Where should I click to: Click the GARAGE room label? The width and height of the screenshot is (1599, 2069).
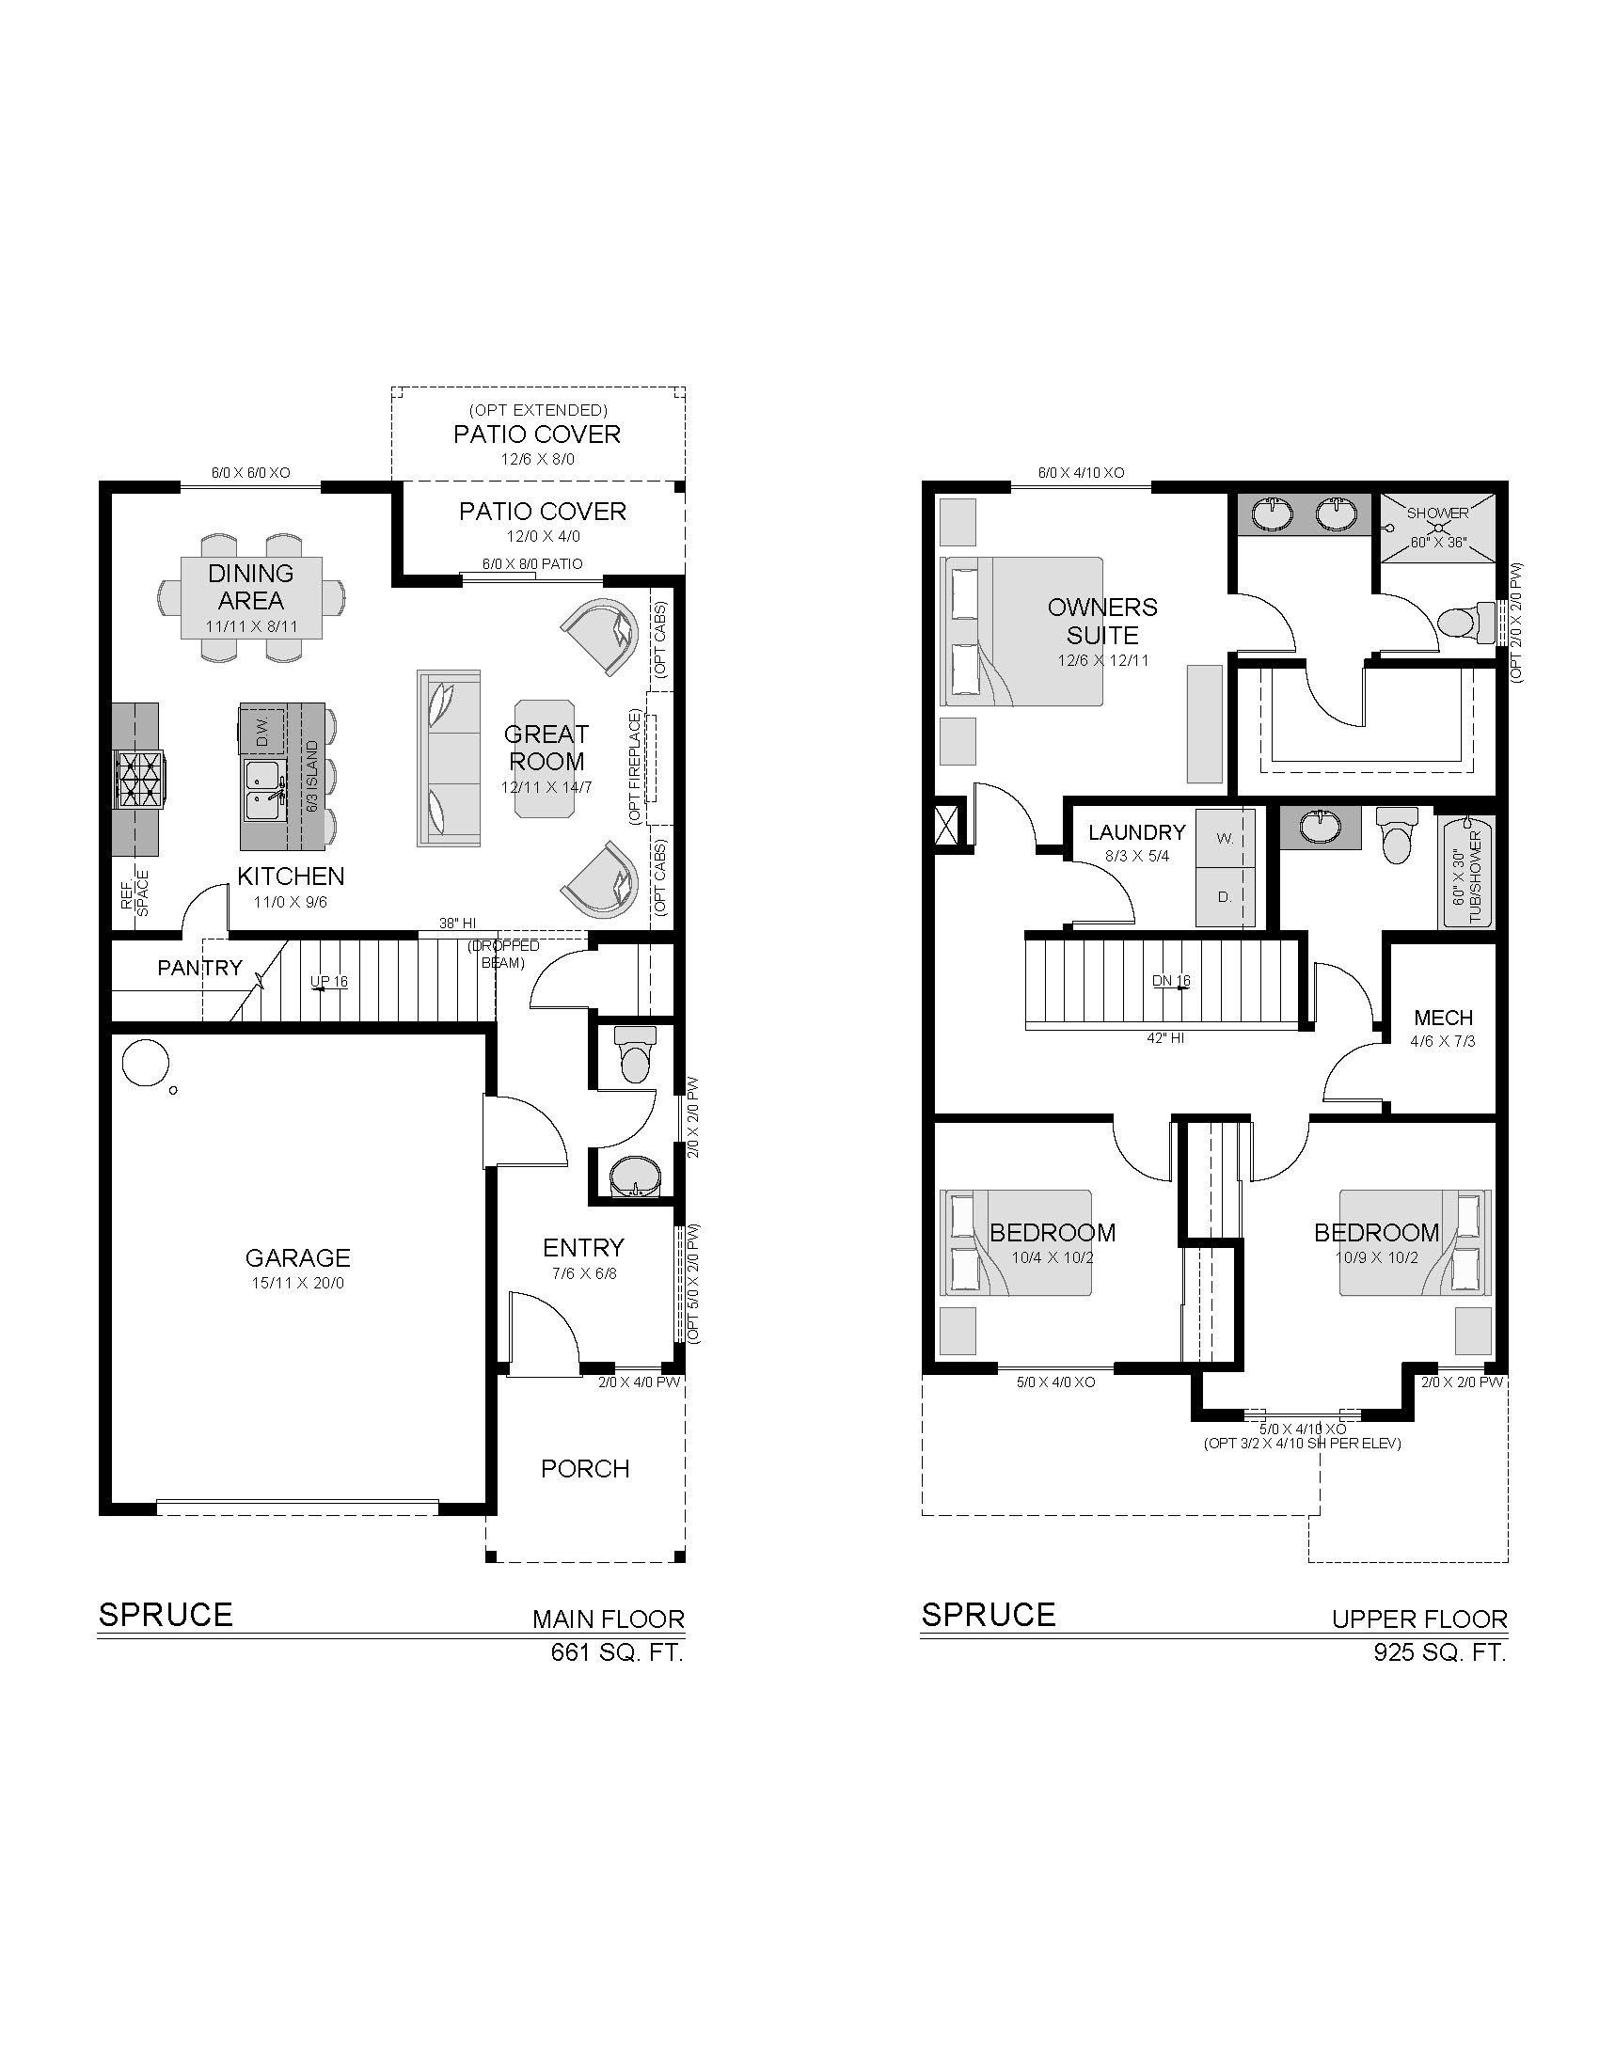coord(297,1257)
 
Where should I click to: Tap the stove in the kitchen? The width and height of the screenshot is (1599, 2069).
coord(139,779)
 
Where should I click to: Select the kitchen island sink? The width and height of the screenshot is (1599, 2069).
coord(264,790)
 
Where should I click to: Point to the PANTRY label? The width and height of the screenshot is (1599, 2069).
coord(199,967)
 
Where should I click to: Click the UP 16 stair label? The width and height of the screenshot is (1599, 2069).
coord(328,982)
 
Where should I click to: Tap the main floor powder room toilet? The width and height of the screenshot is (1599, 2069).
coord(634,1053)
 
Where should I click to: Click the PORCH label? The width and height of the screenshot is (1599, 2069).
coord(585,1468)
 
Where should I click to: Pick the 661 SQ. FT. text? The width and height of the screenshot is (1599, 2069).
coord(617,1652)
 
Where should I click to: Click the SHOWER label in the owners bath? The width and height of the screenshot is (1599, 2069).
coord(1437,513)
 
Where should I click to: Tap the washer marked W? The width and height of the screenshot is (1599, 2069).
coord(1225,837)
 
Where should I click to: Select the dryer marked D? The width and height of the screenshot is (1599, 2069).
coord(1225,895)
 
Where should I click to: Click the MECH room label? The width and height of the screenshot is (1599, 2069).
coord(1444,1018)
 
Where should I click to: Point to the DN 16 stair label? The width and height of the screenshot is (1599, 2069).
coord(1171,981)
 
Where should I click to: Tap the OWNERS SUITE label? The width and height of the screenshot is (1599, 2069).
coord(1102,621)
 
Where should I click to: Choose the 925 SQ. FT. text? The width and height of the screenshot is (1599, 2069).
coord(1440,1652)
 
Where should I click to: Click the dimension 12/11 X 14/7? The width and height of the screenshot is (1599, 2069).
coord(547,787)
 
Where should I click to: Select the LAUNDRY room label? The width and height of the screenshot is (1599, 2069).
coord(1137,831)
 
